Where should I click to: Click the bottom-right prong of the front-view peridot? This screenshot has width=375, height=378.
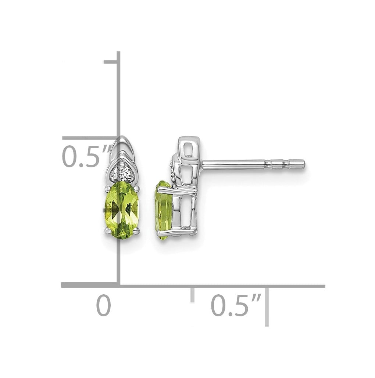pyautogui.click(x=136, y=232)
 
